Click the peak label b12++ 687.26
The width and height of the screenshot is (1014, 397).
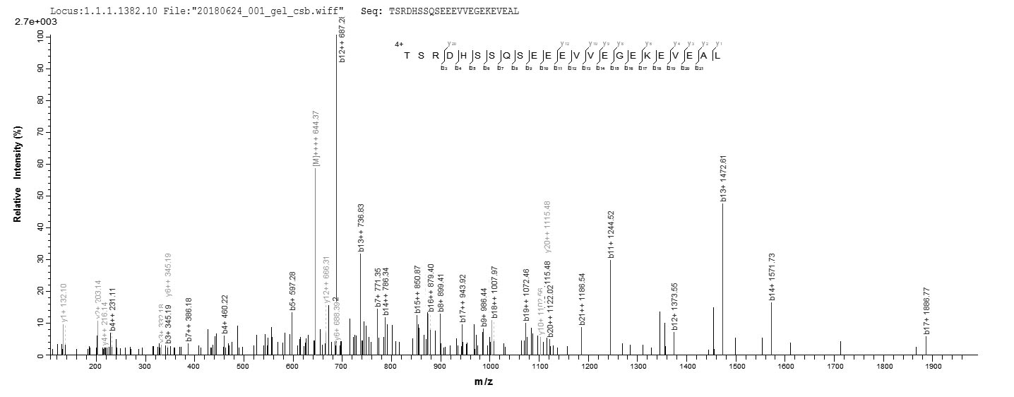click(342, 38)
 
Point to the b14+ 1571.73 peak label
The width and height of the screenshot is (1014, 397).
click(773, 276)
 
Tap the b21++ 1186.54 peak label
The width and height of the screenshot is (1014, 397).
click(583, 300)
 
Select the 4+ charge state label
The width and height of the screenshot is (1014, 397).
click(399, 44)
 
